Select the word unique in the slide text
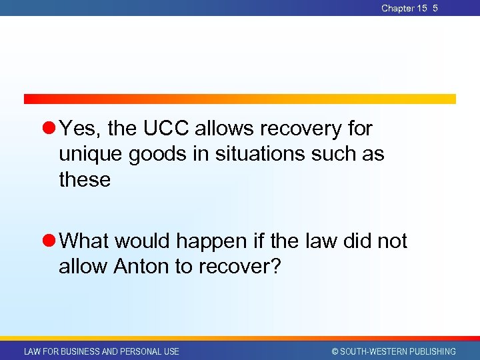click(x=91, y=154)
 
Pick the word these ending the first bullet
click(x=85, y=179)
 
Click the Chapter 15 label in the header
click(x=404, y=8)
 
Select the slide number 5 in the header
click(x=435, y=8)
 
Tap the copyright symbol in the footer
click(x=335, y=351)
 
